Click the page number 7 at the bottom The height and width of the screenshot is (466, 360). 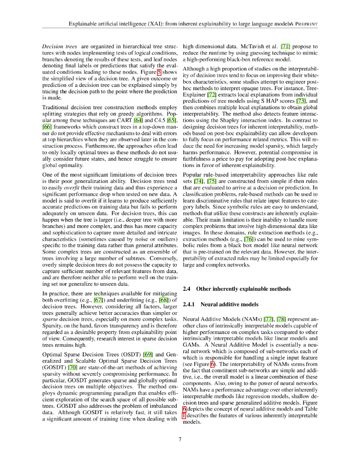click(180, 439)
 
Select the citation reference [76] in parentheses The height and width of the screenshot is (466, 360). click(249, 239)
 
